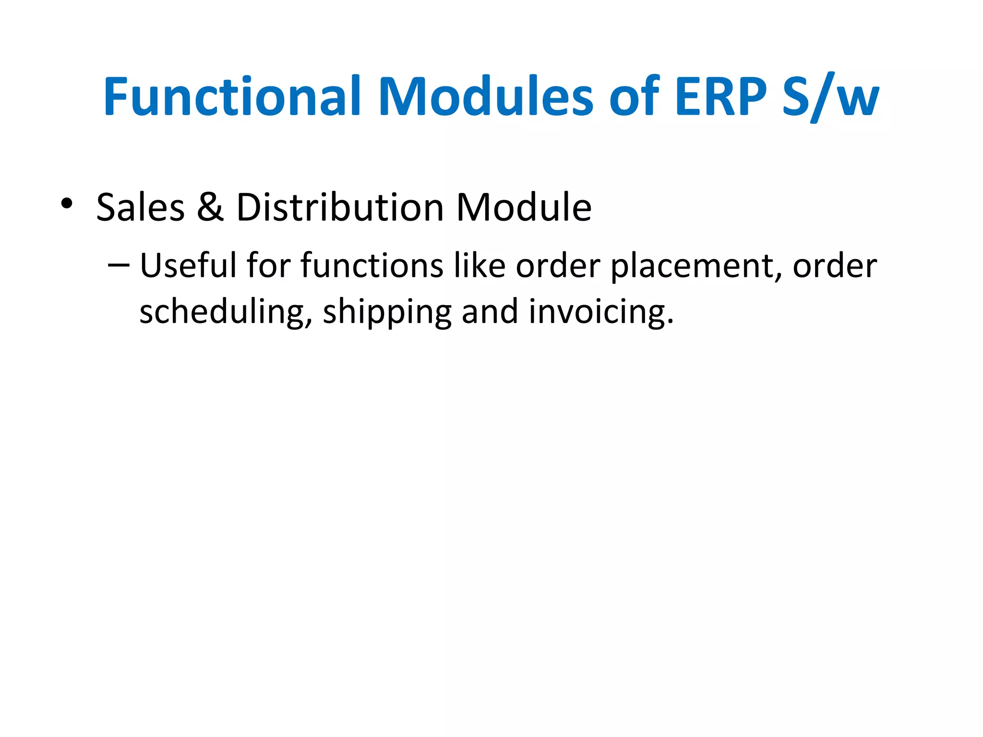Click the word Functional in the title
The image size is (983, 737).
232,97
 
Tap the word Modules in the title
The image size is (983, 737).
486,97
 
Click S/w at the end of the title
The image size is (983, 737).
831,97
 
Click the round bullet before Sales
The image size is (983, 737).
67,203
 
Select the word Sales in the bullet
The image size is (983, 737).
140,207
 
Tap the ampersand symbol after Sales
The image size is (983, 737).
210,207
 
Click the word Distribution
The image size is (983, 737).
340,207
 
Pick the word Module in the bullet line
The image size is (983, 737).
524,207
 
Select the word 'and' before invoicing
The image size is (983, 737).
490,311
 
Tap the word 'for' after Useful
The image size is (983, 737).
269,265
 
